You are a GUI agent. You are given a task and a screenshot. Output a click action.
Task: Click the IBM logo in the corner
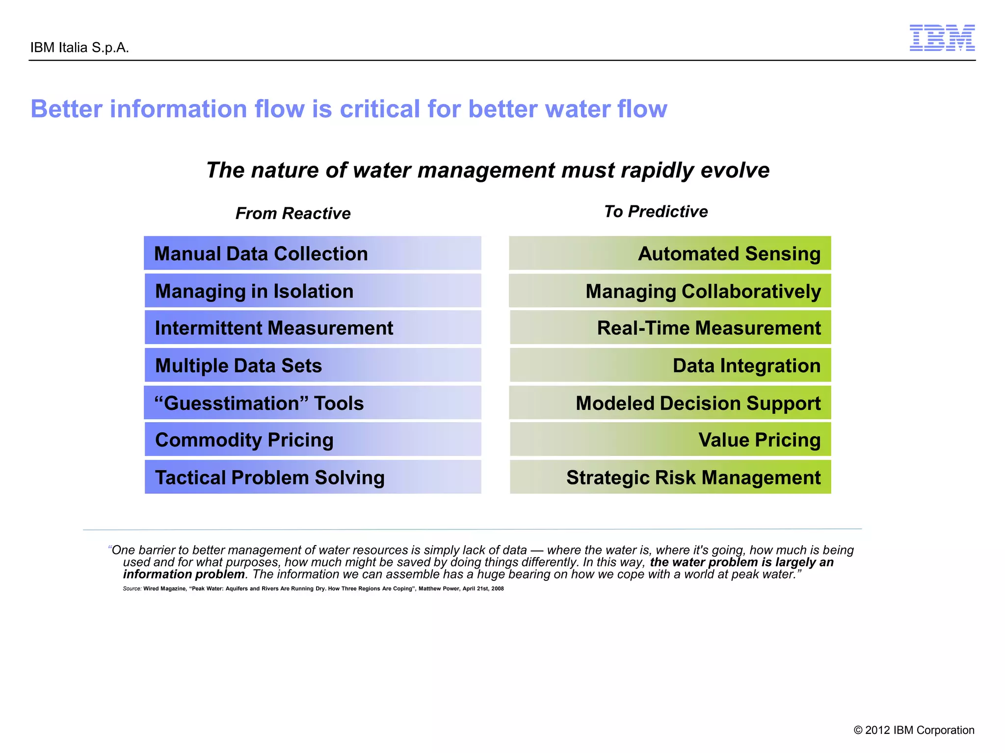coord(942,38)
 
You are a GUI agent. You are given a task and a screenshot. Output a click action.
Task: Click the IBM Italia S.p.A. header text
coord(79,48)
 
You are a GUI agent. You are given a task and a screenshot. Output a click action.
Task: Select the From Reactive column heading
coord(293,213)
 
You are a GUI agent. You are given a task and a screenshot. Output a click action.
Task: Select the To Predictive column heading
coord(656,211)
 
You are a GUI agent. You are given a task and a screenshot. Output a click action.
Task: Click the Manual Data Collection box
coord(312,253)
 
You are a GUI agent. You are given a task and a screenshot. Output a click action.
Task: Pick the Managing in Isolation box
coord(312,291)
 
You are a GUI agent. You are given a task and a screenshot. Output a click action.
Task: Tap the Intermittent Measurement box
coord(312,327)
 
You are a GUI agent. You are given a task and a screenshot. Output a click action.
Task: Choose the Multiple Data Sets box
coord(312,365)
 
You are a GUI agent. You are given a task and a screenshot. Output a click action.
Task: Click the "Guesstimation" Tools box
coord(312,402)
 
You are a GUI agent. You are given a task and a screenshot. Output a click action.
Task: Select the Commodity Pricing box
coord(312,439)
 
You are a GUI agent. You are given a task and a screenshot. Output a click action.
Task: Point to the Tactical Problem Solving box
coord(312,477)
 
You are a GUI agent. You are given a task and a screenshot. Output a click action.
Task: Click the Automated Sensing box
coord(670,253)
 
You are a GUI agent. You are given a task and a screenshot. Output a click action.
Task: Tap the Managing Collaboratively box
coord(670,291)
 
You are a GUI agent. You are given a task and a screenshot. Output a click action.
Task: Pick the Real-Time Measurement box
coord(670,327)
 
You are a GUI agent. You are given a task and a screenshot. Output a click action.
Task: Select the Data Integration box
coord(670,365)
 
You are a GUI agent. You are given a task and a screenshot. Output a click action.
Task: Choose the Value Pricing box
coord(670,439)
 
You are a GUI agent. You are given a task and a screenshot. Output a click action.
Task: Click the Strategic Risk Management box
coord(670,477)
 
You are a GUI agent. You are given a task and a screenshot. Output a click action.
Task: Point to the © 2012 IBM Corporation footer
coord(914,730)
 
